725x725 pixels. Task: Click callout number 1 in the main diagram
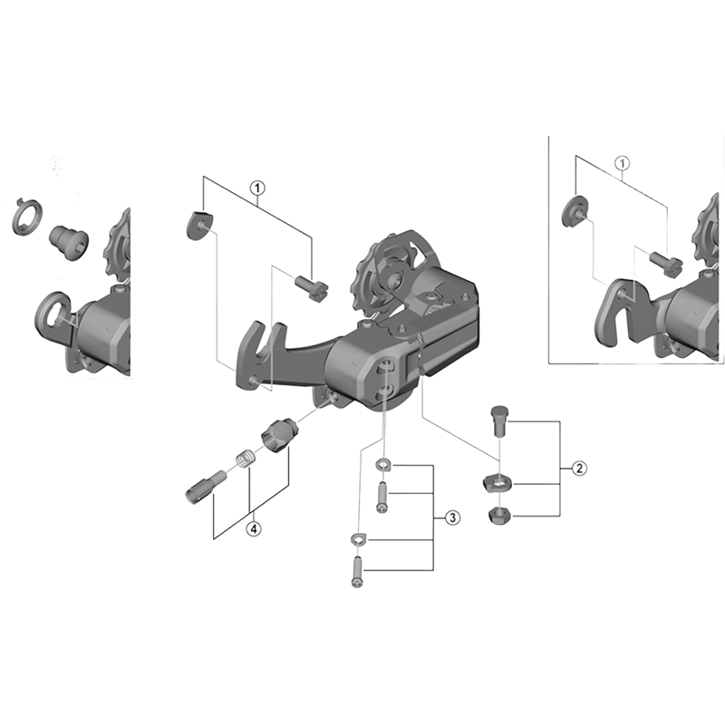point(258,188)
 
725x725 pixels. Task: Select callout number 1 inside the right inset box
point(622,163)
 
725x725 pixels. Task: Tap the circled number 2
point(577,469)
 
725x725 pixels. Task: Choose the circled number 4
point(254,528)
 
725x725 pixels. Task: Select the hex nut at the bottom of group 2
point(498,517)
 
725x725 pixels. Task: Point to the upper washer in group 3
point(382,466)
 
